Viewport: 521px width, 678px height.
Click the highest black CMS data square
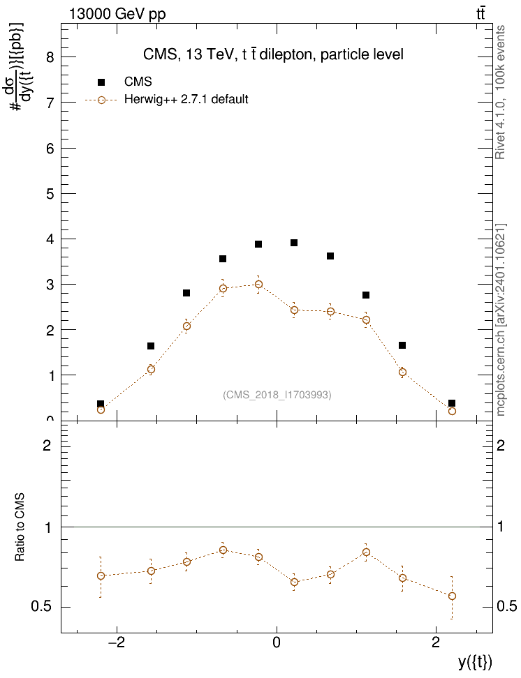click(x=294, y=243)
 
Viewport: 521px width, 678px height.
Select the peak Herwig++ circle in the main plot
click(x=258, y=284)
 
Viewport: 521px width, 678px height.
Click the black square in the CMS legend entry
click(x=101, y=82)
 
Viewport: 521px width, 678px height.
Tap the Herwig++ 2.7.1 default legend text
click(x=186, y=100)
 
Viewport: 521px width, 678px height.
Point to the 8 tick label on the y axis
click(x=50, y=57)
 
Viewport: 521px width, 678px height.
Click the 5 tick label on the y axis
click(x=50, y=194)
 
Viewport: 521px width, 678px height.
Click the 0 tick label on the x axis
click(x=277, y=642)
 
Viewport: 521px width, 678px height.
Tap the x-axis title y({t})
click(x=475, y=662)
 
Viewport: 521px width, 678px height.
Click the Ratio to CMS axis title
click(x=20, y=527)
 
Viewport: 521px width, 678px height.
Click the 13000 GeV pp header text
click(x=117, y=14)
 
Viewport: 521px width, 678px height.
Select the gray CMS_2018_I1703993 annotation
click(x=277, y=395)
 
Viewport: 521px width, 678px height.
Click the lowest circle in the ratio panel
click(x=452, y=596)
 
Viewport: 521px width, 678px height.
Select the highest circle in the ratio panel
click(x=223, y=550)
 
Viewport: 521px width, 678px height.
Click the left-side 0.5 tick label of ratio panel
click(x=41, y=607)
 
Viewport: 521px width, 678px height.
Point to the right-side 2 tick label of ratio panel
click(x=501, y=445)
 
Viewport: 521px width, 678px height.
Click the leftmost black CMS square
click(x=101, y=404)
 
